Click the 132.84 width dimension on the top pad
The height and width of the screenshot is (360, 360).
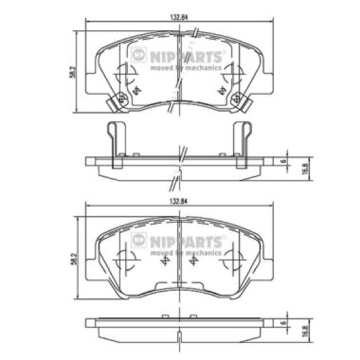(179, 18)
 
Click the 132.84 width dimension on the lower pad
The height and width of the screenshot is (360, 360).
(179, 202)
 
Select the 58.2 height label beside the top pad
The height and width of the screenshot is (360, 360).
(72, 72)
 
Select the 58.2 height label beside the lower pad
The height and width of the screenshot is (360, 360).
(72, 259)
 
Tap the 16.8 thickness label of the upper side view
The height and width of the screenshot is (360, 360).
(305, 169)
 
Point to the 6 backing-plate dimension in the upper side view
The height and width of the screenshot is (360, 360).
(284, 161)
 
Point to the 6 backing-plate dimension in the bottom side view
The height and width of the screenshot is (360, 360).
(284, 323)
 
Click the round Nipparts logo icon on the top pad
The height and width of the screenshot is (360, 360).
(139, 54)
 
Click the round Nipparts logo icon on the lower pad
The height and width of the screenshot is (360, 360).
(139, 240)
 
